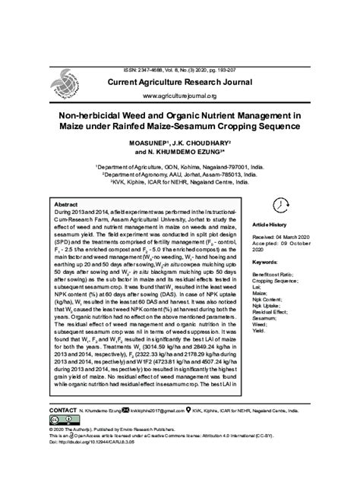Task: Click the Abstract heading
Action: [65, 206]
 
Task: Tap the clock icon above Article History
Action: [280, 205]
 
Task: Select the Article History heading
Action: [270, 226]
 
